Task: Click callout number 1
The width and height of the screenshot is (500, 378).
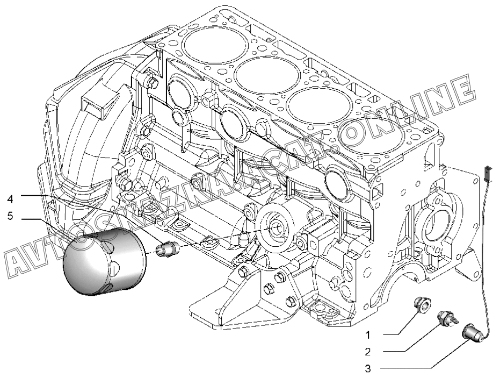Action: [368, 335]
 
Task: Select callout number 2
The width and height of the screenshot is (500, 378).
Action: [368, 352]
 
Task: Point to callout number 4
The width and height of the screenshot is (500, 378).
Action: [10, 199]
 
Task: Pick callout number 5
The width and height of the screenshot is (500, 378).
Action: [10, 217]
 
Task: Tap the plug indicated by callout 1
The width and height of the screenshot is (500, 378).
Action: [422, 304]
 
